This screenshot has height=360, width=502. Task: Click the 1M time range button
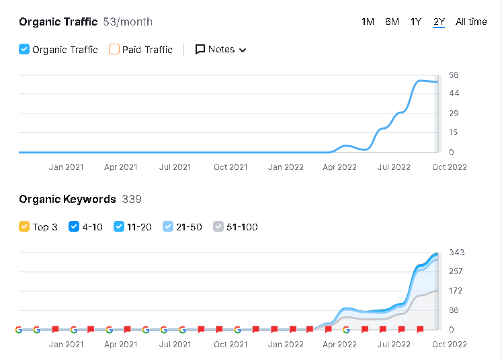pyautogui.click(x=368, y=21)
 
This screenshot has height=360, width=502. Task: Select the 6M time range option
pyautogui.click(x=392, y=21)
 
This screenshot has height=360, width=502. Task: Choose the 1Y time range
pyautogui.click(x=416, y=21)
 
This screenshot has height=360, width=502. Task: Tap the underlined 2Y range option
pyautogui.click(x=439, y=21)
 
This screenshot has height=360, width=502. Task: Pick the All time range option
pyautogui.click(x=471, y=21)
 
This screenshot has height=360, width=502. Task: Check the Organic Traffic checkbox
pyautogui.click(x=24, y=49)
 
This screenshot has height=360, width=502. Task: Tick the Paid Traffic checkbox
pyautogui.click(x=114, y=49)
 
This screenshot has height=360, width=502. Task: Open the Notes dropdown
pyautogui.click(x=220, y=49)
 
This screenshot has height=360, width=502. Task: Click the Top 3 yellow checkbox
pyautogui.click(x=24, y=227)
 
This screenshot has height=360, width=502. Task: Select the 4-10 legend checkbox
pyautogui.click(x=74, y=227)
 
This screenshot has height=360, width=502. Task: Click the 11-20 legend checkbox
pyautogui.click(x=119, y=227)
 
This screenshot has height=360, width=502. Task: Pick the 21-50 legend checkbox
pyautogui.click(x=168, y=227)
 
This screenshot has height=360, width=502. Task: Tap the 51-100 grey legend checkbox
pyautogui.click(x=218, y=227)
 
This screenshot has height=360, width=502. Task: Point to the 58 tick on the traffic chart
pyautogui.click(x=454, y=75)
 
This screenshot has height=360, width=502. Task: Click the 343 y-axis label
pyautogui.click(x=456, y=253)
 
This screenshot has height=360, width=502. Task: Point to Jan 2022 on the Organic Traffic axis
pyautogui.click(x=286, y=167)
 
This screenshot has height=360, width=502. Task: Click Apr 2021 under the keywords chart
pyautogui.click(x=120, y=345)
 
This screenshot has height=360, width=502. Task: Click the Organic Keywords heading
pyautogui.click(x=67, y=199)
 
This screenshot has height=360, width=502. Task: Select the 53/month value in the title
pyautogui.click(x=128, y=21)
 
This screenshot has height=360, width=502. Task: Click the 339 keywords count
pyautogui.click(x=132, y=199)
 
